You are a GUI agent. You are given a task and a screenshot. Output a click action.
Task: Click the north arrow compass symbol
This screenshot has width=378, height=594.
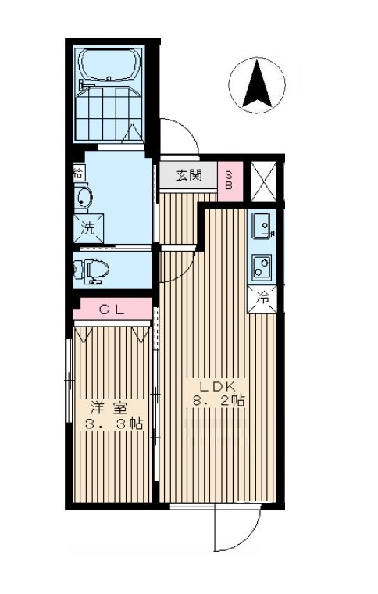(x=260, y=84)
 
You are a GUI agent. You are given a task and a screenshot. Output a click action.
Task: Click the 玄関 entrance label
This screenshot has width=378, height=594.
(x=190, y=174)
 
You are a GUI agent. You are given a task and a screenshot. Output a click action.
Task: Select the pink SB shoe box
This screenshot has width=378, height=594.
(x=230, y=181)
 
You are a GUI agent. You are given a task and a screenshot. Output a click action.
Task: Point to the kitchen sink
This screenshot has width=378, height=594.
(x=262, y=225)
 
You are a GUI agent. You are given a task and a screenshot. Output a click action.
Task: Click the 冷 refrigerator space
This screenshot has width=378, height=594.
(x=263, y=297)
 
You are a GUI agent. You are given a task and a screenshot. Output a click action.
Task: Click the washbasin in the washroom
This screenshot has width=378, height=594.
(x=83, y=198)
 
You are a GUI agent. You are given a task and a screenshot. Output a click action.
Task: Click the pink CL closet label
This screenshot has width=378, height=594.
(x=112, y=310)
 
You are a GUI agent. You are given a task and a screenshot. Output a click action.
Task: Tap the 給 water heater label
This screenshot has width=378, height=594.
(x=78, y=172)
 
